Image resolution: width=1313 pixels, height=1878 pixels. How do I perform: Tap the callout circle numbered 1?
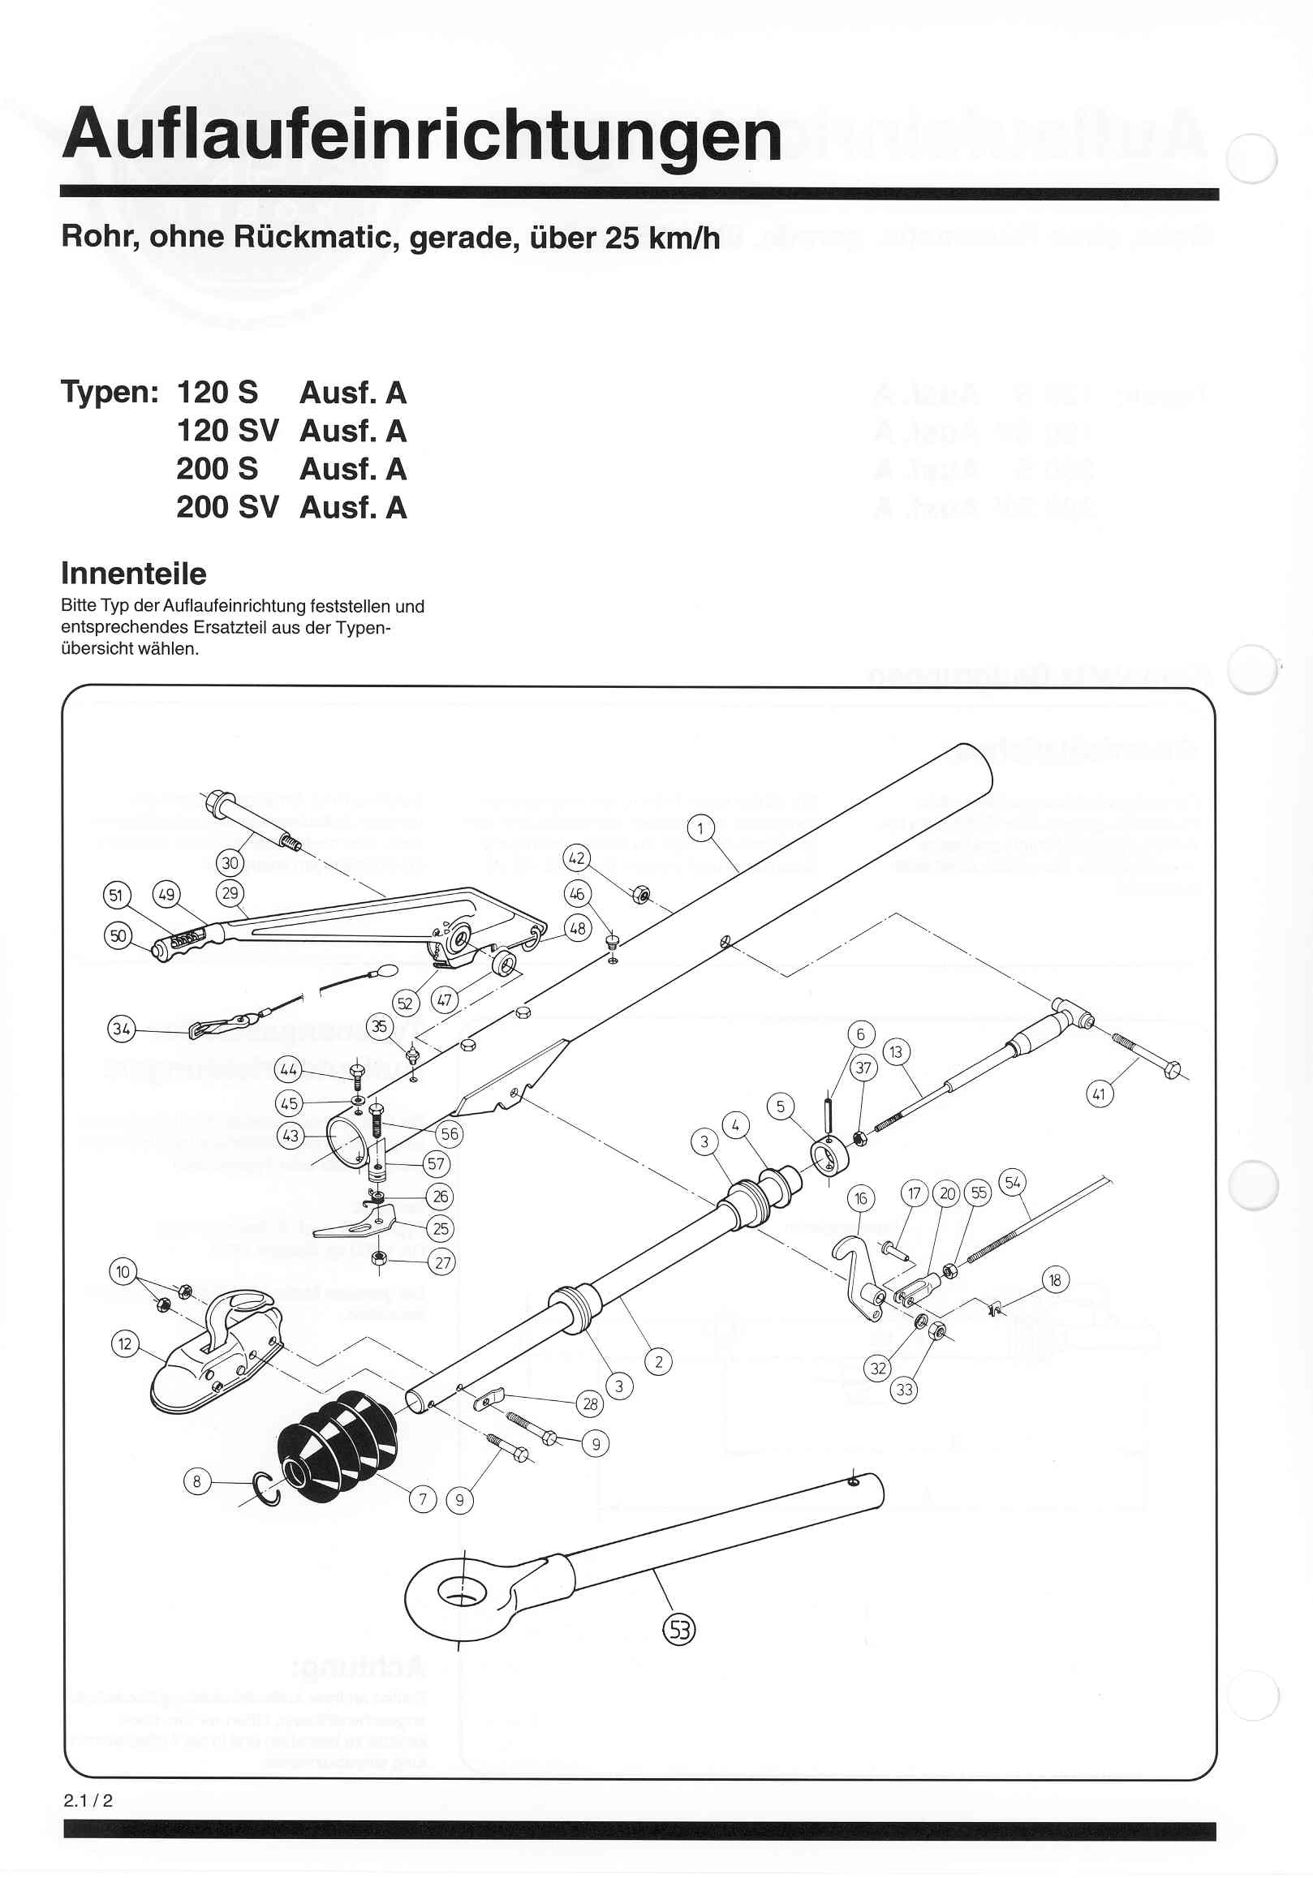click(700, 828)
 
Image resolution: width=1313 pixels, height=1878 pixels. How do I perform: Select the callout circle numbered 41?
click(1099, 1094)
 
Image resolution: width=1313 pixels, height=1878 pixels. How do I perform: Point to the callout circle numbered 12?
click(125, 1343)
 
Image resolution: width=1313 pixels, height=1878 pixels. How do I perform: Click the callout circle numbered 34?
click(122, 1028)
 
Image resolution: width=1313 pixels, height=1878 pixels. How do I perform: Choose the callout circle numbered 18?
click(1054, 1280)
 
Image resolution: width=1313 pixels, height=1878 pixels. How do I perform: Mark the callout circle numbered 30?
click(230, 862)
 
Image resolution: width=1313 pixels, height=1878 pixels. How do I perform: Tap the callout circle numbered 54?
click(1013, 1183)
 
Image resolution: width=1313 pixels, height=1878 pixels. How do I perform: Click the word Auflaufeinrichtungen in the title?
click(421, 135)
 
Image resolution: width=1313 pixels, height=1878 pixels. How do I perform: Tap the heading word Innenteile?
click(133, 574)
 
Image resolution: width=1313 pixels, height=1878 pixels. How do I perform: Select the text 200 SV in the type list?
click(227, 507)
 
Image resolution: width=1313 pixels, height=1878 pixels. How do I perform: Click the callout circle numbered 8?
click(196, 1480)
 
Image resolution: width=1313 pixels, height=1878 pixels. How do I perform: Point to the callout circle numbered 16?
click(861, 1199)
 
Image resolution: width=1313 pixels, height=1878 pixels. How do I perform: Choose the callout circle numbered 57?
click(436, 1164)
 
